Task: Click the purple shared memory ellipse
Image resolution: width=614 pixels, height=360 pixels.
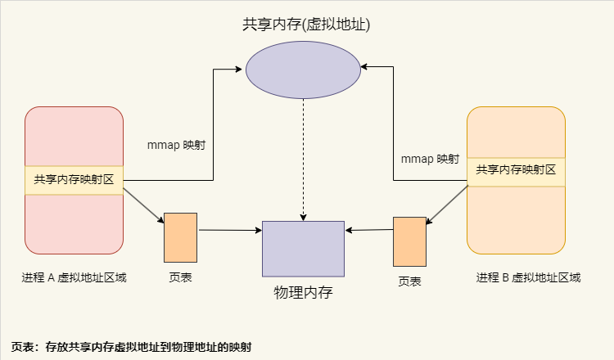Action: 303,70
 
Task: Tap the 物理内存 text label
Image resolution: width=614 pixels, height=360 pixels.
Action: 303,291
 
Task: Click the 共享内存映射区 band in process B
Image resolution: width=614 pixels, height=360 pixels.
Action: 516,170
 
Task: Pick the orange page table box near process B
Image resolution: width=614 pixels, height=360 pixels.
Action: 409,241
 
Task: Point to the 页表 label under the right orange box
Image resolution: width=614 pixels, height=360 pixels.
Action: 409,281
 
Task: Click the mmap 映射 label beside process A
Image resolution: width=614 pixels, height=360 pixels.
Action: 175,145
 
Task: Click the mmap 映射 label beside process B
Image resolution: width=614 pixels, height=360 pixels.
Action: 430,158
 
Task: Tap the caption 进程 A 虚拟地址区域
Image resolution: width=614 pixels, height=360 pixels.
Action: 74,277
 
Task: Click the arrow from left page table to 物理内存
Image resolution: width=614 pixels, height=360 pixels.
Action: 229,231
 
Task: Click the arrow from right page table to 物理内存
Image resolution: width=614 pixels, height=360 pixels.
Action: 368,230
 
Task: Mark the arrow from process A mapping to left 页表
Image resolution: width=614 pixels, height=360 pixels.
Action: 143,205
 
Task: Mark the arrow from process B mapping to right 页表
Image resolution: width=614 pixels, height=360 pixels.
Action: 448,204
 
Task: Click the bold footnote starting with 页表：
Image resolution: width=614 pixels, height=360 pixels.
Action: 131,347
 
